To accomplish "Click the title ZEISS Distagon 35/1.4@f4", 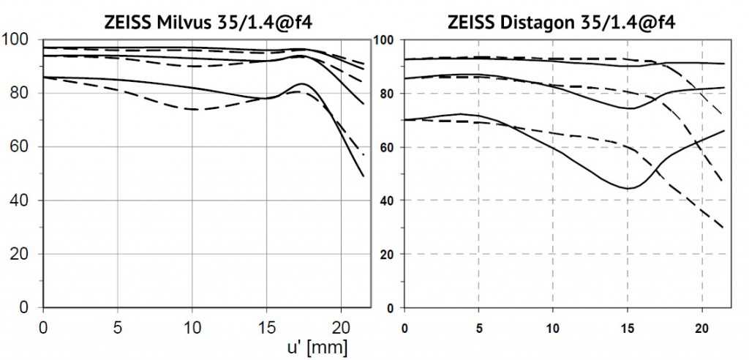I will point(561,22).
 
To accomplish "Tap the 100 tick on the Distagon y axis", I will point(391,40).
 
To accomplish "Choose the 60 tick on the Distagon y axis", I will point(394,146).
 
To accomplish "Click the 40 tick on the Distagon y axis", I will point(394,200).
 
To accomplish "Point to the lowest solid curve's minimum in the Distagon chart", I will point(628,188).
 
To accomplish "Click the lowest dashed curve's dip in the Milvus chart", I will point(193,109).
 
